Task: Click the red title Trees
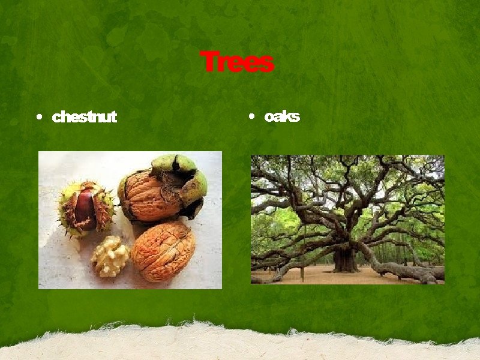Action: [x=237, y=62]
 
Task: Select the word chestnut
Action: [x=85, y=117]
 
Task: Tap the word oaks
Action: [x=281, y=116]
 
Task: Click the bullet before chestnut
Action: [x=39, y=117]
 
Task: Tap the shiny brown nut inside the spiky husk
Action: [x=85, y=209]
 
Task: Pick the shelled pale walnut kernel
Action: [x=110, y=256]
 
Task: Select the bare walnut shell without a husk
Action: [x=163, y=251]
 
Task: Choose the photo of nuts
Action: [x=130, y=220]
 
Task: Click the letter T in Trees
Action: [x=208, y=62]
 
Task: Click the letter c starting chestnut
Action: [x=56, y=118]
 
